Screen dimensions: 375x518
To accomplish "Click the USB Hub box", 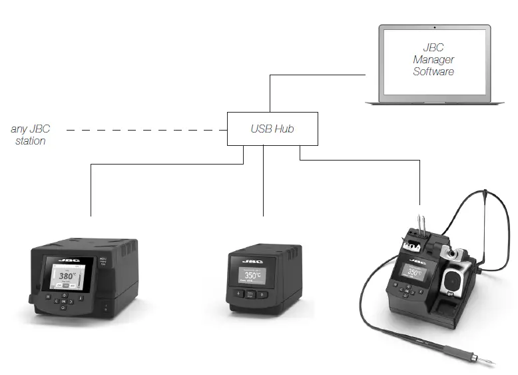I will point(272,129).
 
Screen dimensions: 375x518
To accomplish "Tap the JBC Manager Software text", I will point(433,59).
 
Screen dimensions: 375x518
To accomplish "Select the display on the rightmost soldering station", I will point(413,272).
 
